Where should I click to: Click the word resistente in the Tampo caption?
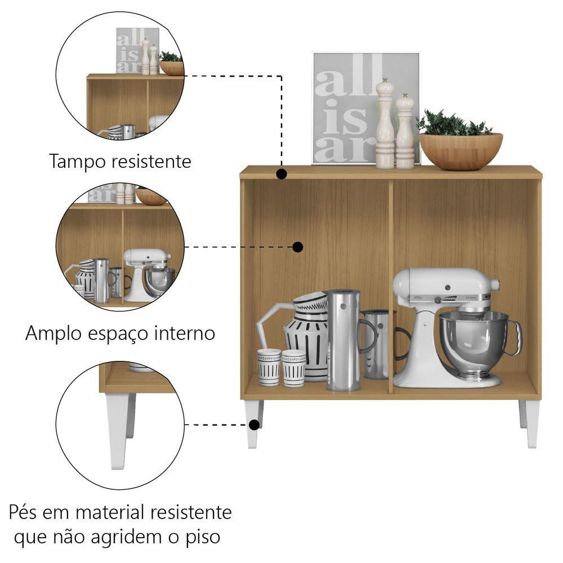pos(151,161)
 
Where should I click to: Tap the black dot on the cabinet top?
pos(282,174)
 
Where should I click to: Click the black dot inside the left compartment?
pos(298,247)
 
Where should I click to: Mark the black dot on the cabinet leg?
pos(254,425)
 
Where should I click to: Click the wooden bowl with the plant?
pos(461,151)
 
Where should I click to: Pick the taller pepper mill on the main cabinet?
pos(385,123)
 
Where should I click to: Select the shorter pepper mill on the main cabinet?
pos(405,131)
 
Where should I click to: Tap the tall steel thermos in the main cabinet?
pos(343,340)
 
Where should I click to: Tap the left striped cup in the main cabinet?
pos(269,367)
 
